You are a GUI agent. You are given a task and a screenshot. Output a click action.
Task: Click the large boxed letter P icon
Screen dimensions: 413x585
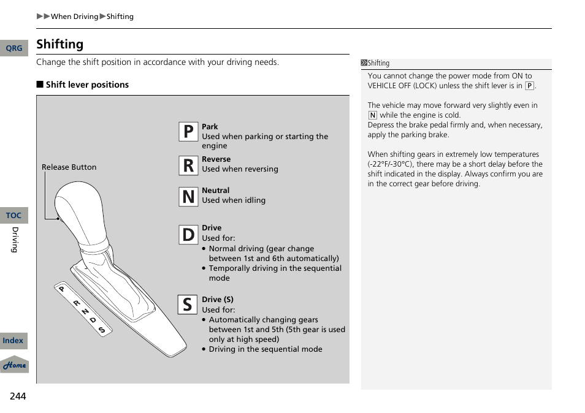[x=188, y=131]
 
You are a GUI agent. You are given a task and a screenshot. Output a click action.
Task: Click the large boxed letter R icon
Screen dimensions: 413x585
[x=188, y=165]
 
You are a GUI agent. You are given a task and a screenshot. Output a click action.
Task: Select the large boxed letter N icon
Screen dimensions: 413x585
[x=188, y=197]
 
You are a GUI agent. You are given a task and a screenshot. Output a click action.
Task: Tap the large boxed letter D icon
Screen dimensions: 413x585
[x=188, y=234]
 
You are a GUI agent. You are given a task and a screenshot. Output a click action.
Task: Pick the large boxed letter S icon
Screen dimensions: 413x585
[x=188, y=304]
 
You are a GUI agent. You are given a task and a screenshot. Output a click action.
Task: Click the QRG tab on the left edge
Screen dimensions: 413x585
[x=13, y=48]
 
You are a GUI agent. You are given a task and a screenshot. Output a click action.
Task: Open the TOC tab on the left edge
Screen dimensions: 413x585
[x=13, y=216]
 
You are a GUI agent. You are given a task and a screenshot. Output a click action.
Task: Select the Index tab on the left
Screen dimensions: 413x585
[x=13, y=341]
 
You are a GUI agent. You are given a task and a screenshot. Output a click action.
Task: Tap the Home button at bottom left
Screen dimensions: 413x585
[x=14, y=365]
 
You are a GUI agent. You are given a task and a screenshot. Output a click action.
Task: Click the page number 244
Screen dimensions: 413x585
[x=18, y=396]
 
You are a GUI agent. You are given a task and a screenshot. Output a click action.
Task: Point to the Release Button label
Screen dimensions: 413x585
[x=69, y=167]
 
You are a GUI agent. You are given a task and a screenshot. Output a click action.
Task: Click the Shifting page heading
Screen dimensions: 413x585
[x=59, y=44]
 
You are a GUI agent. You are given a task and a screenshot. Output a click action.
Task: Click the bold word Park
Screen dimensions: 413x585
[x=210, y=127]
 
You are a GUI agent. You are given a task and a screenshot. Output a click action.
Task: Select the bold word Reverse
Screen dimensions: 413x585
[x=216, y=159]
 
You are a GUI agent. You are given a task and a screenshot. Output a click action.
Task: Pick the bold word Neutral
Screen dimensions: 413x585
[x=215, y=191]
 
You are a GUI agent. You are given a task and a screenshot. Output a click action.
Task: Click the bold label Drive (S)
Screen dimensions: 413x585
[x=218, y=300]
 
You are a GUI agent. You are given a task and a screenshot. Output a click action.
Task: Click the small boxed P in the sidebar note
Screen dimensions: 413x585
[x=529, y=86]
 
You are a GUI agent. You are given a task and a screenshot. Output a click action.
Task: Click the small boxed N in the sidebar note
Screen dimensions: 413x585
[x=372, y=115]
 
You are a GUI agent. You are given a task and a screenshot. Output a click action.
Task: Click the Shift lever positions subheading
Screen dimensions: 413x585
[x=87, y=85]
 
